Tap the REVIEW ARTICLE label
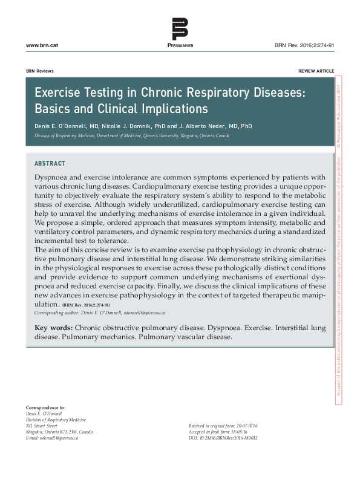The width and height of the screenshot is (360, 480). [x=316, y=71]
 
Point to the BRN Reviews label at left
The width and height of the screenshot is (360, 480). [x=40, y=71]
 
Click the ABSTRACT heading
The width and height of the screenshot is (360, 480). [x=50, y=163]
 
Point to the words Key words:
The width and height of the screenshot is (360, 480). [x=54, y=328]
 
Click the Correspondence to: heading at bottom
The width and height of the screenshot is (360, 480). [x=45, y=409]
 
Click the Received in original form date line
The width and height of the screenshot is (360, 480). [x=223, y=426]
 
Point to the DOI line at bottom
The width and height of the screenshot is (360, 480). [x=223, y=437]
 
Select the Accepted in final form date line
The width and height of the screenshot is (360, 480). [x=219, y=432]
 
